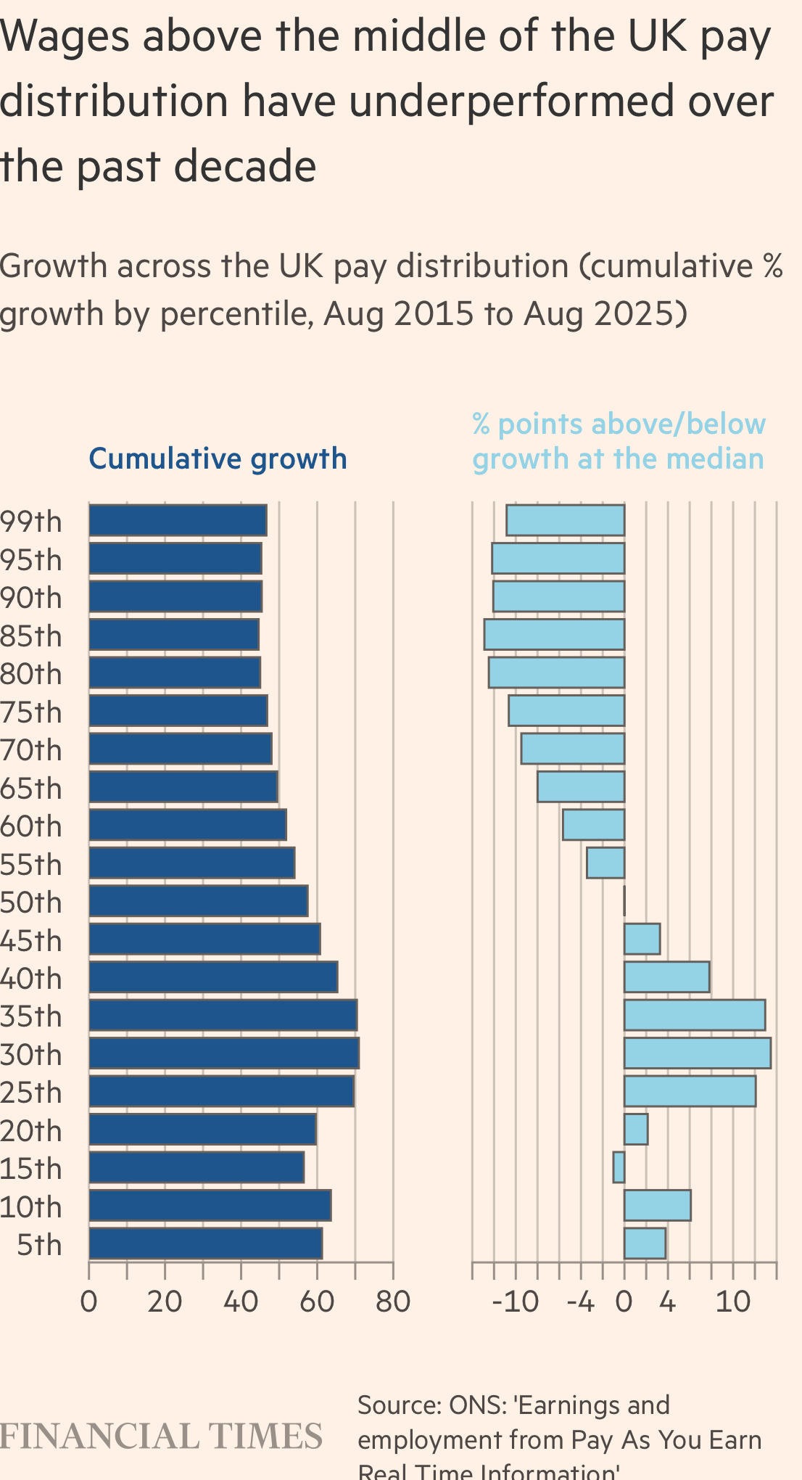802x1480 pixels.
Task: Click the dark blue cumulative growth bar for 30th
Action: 223,1053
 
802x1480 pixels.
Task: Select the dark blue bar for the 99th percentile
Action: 178,520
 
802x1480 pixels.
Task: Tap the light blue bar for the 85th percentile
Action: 554,634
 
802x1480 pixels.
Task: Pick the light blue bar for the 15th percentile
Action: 619,1167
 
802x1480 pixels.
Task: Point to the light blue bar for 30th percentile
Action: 697,1053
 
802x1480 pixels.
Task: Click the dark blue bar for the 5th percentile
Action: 205,1243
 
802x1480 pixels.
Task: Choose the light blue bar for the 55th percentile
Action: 605,863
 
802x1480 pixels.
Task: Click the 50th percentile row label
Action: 31,903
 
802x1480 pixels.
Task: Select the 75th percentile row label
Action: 31,712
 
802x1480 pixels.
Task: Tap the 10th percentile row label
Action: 31,1207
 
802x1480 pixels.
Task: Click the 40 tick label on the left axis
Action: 241,1302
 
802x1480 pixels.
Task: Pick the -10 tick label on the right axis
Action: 515,1302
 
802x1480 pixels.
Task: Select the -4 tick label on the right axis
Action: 580,1302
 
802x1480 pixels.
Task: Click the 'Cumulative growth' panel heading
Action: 218,459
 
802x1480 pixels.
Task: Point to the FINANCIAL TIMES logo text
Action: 161,1437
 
